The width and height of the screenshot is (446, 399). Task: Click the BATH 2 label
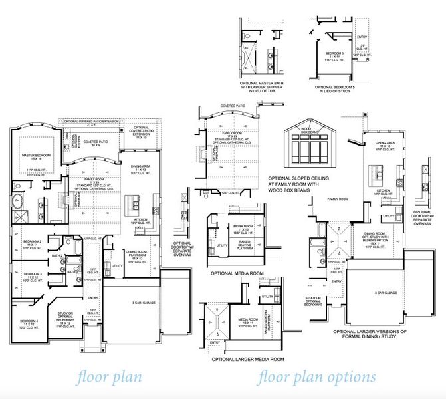58,255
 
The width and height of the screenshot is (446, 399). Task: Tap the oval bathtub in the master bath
19,201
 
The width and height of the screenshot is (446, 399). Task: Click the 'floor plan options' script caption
316,377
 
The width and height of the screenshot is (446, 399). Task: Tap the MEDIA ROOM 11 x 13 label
243,229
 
